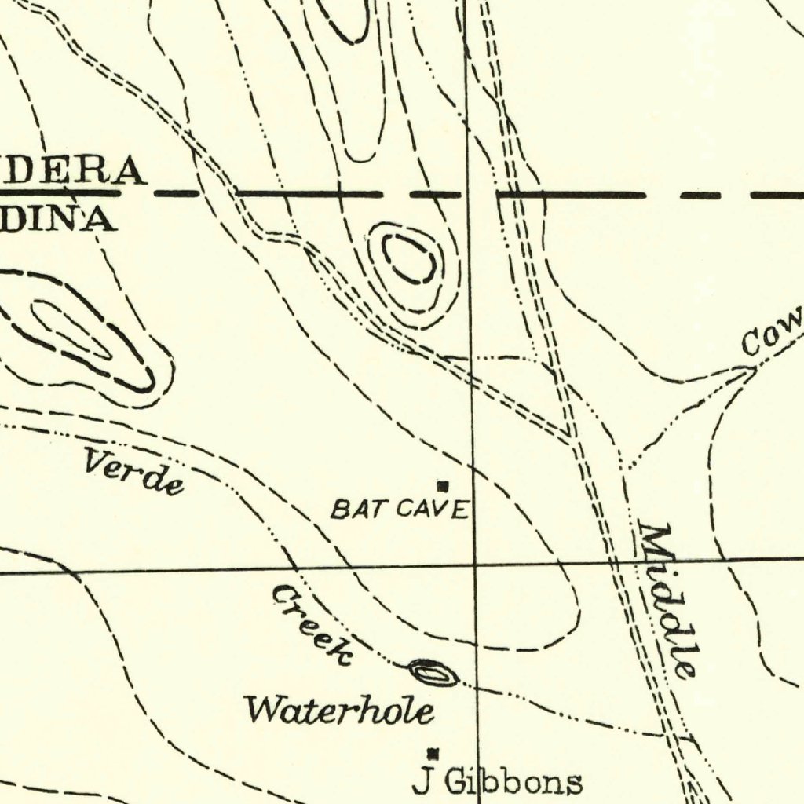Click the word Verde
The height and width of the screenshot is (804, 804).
coord(133,471)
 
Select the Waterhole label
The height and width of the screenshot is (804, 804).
coord(339,710)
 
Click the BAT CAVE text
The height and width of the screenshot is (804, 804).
coord(400,510)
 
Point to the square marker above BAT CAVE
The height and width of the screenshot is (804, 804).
coord(443,486)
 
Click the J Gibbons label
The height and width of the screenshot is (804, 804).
coord(498,782)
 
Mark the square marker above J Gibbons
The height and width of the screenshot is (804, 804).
coord(431,754)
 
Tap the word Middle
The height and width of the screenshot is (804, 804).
coord(667,600)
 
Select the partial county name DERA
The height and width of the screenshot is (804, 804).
coord(75,171)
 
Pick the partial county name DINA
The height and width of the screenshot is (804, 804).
coord(59,219)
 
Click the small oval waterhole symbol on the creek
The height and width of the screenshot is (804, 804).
coord(433,673)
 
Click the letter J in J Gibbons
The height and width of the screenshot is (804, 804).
coord(424,782)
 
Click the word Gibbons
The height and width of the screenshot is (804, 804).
coord(514,782)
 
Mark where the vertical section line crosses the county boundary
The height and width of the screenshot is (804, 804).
coord(469,193)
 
